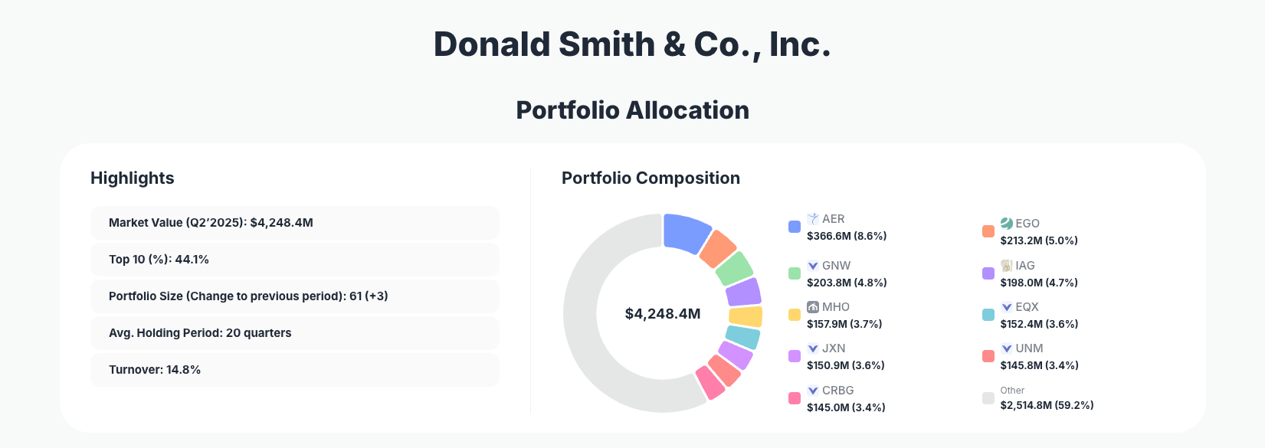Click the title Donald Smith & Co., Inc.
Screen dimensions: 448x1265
(x=632, y=44)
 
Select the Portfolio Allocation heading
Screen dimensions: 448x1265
(x=632, y=110)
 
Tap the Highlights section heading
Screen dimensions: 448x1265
(x=133, y=178)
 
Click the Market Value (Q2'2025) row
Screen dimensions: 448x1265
(x=294, y=223)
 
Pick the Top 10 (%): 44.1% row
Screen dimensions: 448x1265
(x=294, y=260)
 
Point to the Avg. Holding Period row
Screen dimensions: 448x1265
(x=294, y=333)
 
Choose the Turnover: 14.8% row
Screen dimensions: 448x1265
(x=294, y=370)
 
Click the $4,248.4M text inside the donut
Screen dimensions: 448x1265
(x=663, y=313)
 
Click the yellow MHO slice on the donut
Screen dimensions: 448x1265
(x=746, y=316)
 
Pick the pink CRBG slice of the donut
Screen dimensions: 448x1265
(x=710, y=383)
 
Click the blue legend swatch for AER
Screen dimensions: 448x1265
(x=795, y=227)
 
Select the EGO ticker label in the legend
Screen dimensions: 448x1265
(x=1027, y=224)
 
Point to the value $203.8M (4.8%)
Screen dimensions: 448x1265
(x=847, y=283)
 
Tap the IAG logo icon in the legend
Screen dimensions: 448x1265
(x=1007, y=266)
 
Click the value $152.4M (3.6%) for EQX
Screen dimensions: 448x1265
(x=1039, y=324)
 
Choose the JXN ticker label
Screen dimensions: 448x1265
(x=834, y=348)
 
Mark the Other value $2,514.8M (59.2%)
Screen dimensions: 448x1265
(x=1047, y=405)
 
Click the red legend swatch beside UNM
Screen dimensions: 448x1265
(x=988, y=356)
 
